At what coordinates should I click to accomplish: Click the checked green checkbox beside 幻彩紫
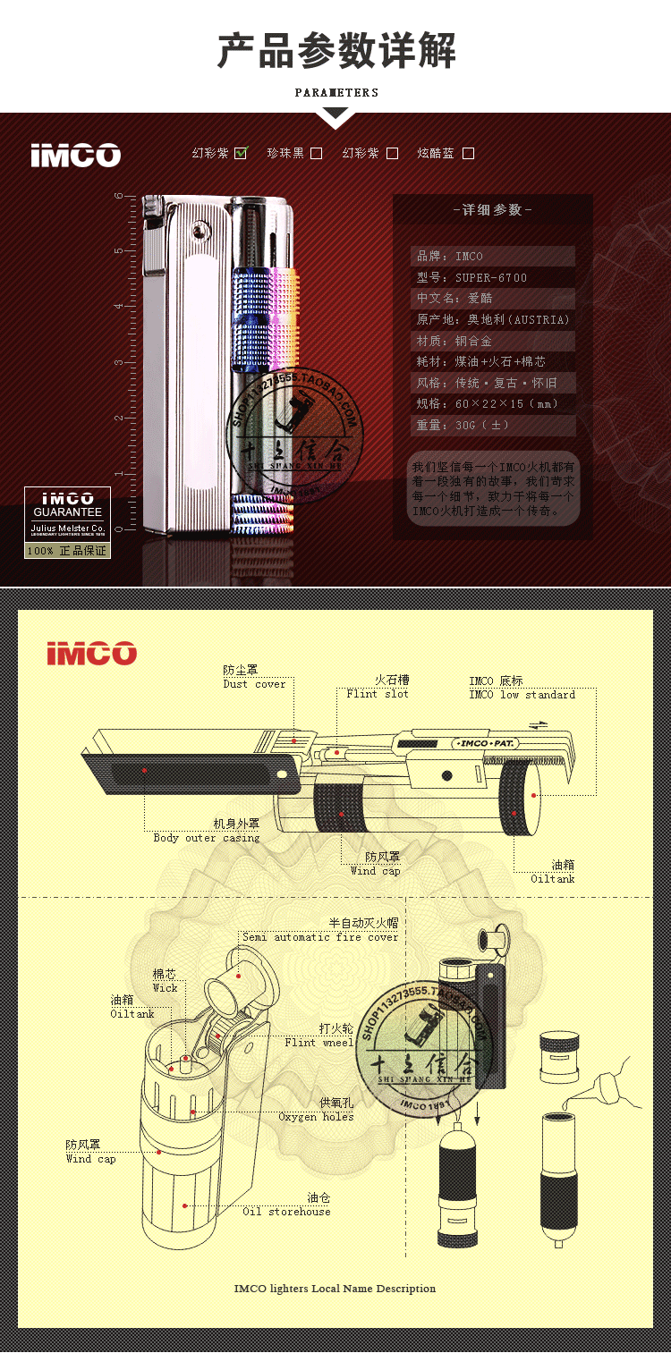[241, 153]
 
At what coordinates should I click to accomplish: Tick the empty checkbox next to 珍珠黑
[316, 153]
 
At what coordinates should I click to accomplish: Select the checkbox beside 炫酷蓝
[468, 153]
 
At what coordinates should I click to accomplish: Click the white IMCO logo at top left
[75, 155]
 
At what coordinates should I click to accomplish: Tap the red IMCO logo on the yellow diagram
[92, 653]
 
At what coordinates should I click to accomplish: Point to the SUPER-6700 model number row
[492, 277]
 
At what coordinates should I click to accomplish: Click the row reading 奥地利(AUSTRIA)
[492, 319]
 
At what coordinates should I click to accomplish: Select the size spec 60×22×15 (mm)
[492, 403]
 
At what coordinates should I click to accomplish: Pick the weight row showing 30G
[492, 425]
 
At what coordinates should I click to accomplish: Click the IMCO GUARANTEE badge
[67, 521]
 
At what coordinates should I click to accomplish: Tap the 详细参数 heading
[492, 209]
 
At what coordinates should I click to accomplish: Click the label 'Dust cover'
[254, 684]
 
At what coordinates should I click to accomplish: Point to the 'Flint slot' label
[378, 694]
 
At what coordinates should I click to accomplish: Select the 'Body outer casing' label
[207, 838]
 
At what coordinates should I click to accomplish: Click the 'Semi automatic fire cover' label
[320, 937]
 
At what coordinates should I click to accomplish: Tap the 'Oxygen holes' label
[316, 1117]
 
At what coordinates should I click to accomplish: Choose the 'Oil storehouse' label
[286, 1212]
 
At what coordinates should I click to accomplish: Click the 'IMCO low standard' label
[522, 695]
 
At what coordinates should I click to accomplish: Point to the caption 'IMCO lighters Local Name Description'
[335, 1289]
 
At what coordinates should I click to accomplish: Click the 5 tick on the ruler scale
[118, 250]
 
